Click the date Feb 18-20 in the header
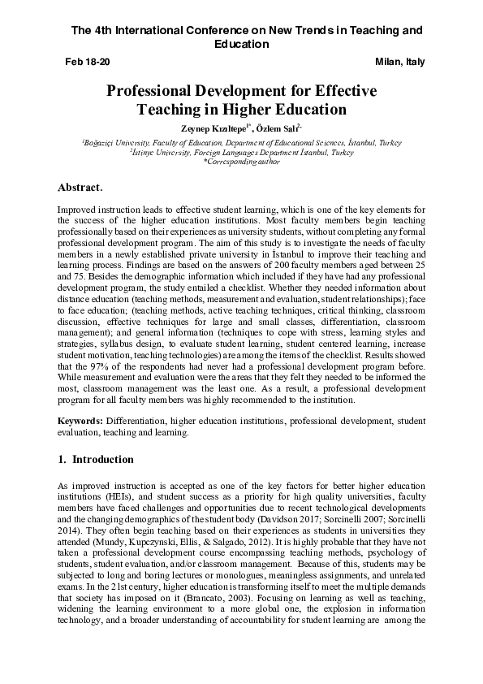pyautogui.click(x=87, y=62)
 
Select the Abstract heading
pyautogui.click(x=81, y=188)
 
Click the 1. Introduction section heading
pyautogui.click(x=97, y=459)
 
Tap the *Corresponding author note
pyautogui.click(x=241, y=162)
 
